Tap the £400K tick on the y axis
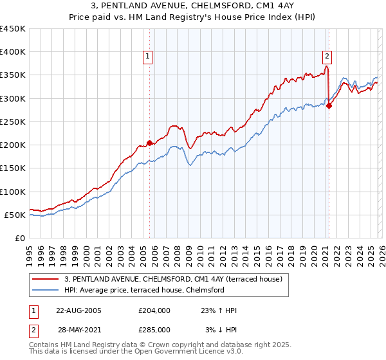coord(13,52)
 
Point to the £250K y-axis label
coord(13,122)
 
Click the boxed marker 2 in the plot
coord(327,55)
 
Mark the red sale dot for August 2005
coord(149,143)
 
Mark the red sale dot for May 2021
coord(329,105)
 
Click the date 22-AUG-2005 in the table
coord(78,310)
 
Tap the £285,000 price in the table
coord(154,329)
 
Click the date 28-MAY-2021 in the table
coord(78,329)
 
